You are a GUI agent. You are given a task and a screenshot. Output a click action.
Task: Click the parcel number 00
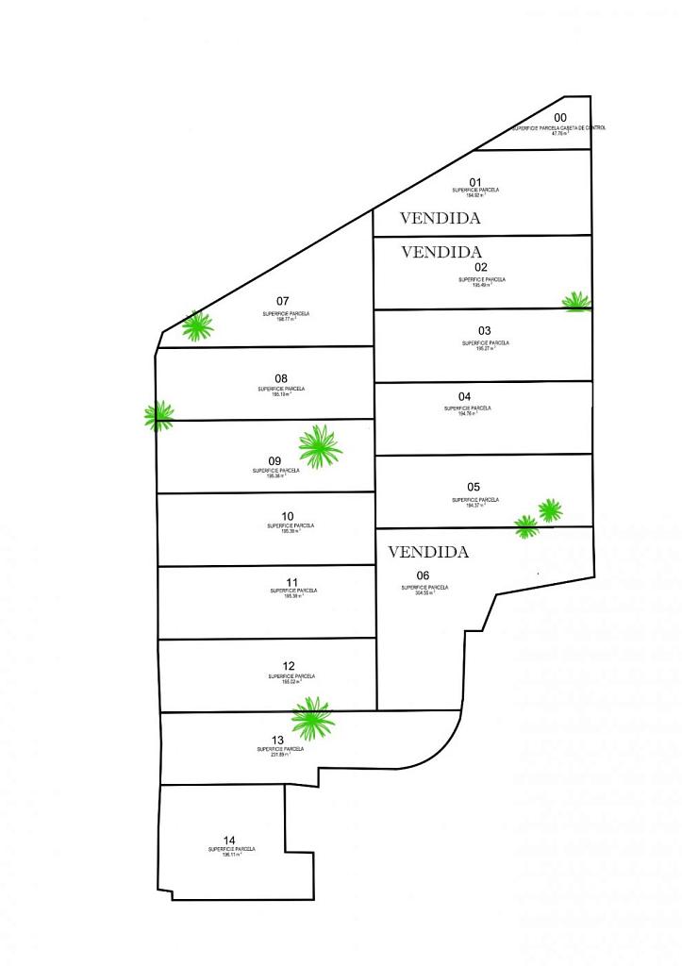pyautogui.click(x=560, y=118)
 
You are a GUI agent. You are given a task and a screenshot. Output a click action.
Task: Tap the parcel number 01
pyautogui.click(x=475, y=182)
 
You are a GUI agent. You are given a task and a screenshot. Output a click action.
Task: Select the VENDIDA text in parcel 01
pyautogui.click(x=441, y=218)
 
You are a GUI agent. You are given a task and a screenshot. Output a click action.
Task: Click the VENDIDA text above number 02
pyautogui.click(x=441, y=252)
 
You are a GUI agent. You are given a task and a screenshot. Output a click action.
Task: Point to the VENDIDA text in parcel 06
pyautogui.click(x=428, y=552)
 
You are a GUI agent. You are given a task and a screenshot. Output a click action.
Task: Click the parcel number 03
pyautogui.click(x=485, y=331)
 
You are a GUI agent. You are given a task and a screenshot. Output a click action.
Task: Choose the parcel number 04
pyautogui.click(x=464, y=396)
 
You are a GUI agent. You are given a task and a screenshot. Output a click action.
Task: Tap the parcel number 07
pyautogui.click(x=282, y=301)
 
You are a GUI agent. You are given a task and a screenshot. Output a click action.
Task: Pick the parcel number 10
pyautogui.click(x=288, y=516)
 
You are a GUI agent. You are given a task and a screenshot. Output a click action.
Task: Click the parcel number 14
pyautogui.click(x=229, y=841)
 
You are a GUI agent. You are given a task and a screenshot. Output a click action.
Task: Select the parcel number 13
pyautogui.click(x=277, y=740)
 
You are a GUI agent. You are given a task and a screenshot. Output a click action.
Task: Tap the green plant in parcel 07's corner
pyautogui.click(x=197, y=325)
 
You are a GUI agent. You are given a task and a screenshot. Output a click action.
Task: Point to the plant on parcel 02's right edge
pyautogui.click(x=576, y=302)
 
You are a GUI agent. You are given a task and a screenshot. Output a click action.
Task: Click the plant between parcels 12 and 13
pyautogui.click(x=312, y=719)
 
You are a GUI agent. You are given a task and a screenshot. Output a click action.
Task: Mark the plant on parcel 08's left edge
pyautogui.click(x=159, y=415)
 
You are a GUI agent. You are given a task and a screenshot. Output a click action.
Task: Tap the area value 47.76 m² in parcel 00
pyautogui.click(x=559, y=134)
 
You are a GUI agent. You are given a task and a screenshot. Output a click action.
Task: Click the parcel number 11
pyautogui.click(x=291, y=582)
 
